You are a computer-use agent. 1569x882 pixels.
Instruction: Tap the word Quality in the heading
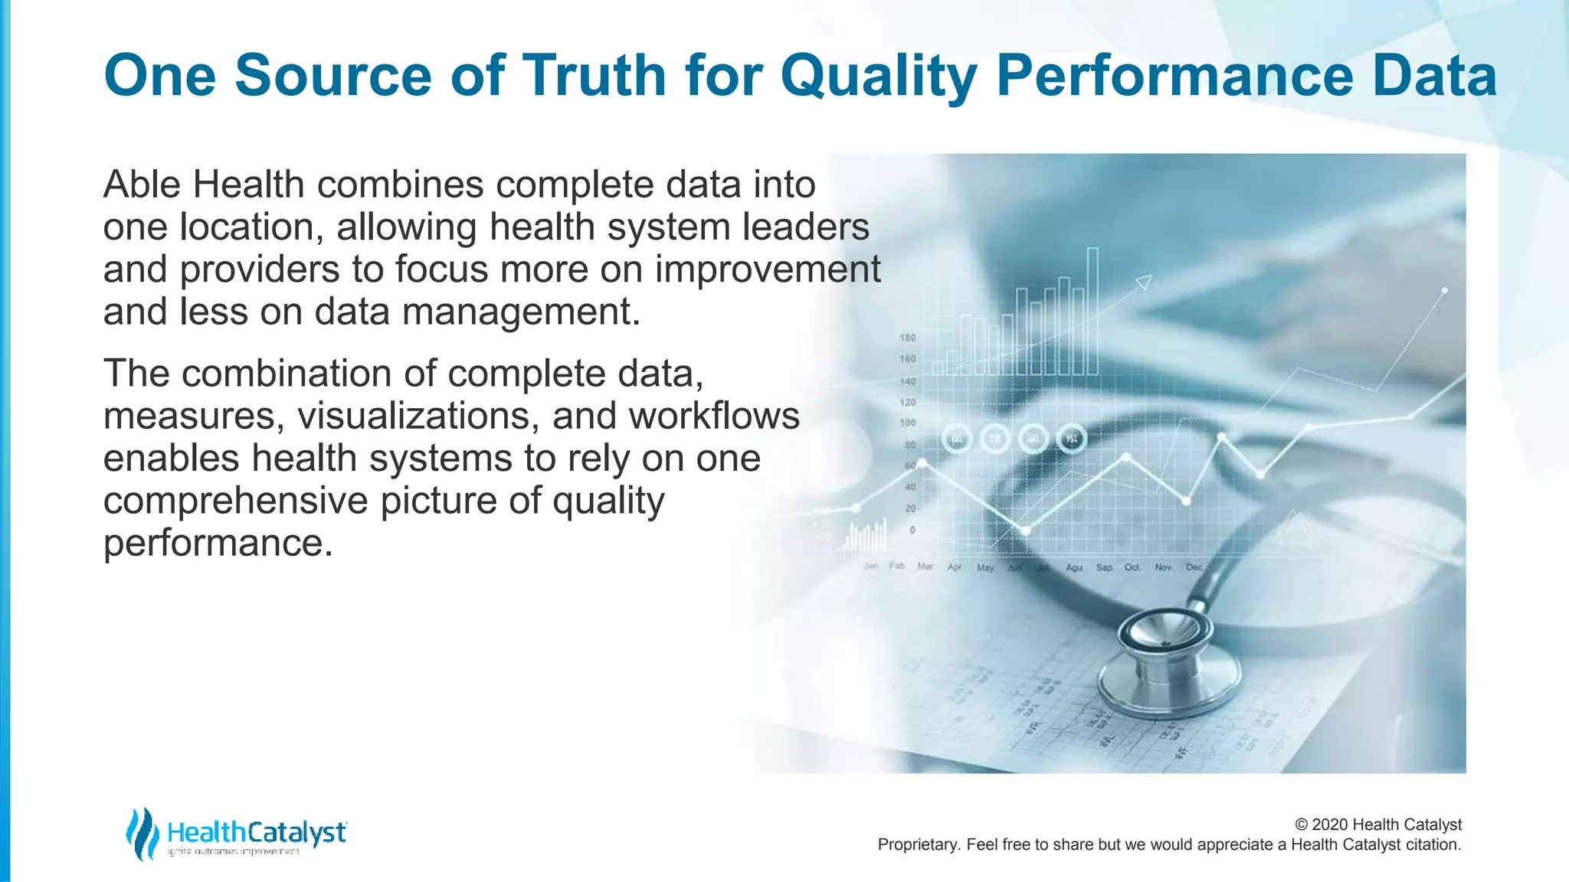(879, 76)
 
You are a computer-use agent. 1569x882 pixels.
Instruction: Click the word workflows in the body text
(714, 416)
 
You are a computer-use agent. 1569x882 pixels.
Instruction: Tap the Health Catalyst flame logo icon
(142, 833)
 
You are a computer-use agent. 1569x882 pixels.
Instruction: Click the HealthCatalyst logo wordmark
(256, 832)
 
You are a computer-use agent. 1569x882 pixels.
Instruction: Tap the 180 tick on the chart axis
(907, 338)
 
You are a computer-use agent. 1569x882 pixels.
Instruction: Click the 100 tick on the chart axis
(907, 423)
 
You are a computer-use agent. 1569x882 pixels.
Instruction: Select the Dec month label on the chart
(1194, 567)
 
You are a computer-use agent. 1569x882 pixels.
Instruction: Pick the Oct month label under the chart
(1132, 567)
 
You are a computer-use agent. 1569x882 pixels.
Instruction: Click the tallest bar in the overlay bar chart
(1092, 310)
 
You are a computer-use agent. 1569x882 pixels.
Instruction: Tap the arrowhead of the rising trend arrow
(1144, 283)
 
